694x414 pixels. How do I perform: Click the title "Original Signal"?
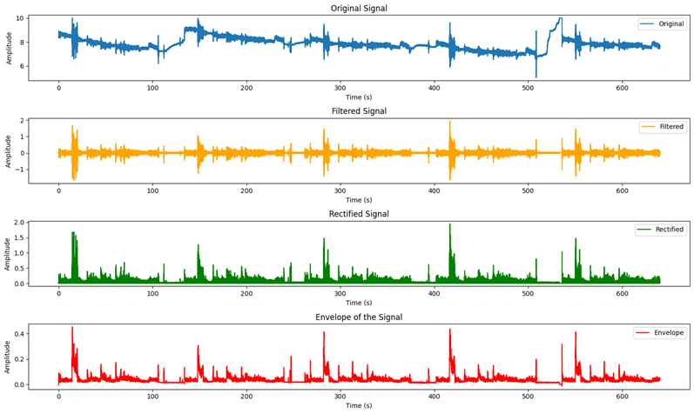tap(359, 9)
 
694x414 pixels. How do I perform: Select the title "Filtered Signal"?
tap(359, 111)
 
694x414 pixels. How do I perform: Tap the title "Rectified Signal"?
tap(359, 214)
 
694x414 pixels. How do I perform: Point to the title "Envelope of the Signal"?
tap(359, 317)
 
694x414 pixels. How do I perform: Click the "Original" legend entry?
tap(667, 24)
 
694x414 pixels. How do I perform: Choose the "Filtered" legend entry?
tap(667, 127)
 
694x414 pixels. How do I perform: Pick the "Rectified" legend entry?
tap(665, 230)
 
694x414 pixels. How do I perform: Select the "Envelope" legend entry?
tap(666, 333)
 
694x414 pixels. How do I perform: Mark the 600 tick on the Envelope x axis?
tap(622, 397)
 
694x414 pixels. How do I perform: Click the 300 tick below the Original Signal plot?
tap(340, 88)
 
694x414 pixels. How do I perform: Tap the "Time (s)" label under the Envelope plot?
tap(359, 406)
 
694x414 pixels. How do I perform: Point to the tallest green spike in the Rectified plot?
tap(450, 224)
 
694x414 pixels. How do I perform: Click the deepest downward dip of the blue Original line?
tap(536, 77)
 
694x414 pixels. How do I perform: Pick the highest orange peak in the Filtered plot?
tap(450, 122)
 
